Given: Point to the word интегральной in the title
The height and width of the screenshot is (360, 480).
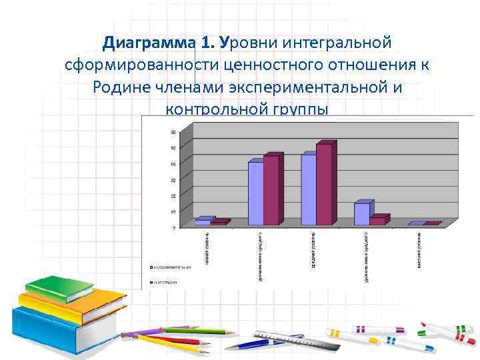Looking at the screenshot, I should click(x=336, y=43).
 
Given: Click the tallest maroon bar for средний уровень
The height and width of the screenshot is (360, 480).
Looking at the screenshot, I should click(x=324, y=185).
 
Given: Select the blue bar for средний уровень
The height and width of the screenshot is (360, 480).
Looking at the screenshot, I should click(x=308, y=189).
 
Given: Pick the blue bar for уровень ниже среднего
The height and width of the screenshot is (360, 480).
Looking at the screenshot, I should click(x=255, y=193).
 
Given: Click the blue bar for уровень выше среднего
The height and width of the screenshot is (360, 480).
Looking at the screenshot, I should click(x=361, y=213).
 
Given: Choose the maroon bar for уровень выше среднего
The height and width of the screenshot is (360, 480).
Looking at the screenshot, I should click(x=377, y=221).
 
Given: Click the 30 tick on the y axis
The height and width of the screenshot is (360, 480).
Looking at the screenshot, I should click(x=173, y=180).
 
